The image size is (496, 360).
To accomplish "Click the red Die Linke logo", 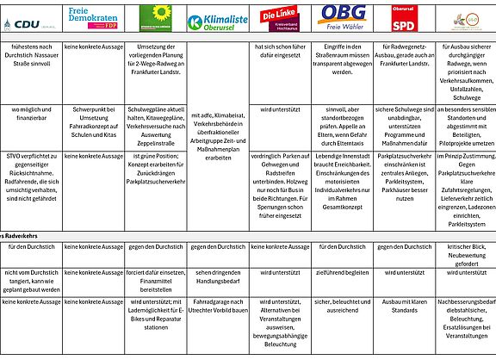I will click(x=279, y=17).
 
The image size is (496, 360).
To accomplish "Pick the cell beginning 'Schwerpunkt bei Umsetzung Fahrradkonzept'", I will click(x=93, y=121).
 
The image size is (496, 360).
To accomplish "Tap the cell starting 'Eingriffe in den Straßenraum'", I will click(x=341, y=57).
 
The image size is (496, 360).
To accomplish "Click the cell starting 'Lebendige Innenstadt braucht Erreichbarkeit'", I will click(x=341, y=179).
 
